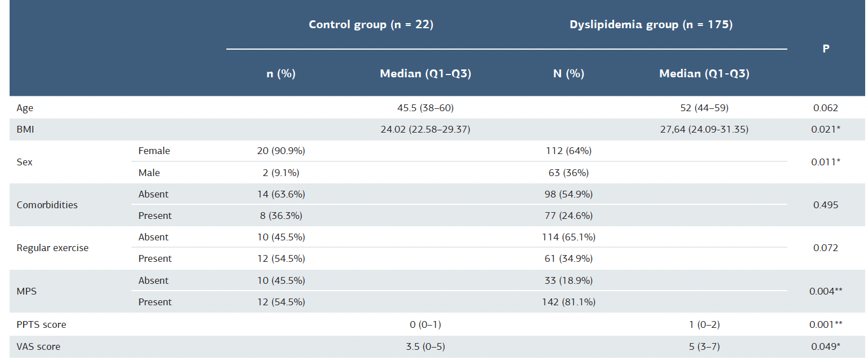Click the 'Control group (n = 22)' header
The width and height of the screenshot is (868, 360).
pos(371,25)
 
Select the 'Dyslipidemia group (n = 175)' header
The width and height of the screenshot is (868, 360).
pos(651,25)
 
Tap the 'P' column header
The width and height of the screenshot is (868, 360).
pos(826,49)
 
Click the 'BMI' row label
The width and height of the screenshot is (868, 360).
pos(25,129)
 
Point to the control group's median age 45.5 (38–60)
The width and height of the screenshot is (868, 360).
pos(426,108)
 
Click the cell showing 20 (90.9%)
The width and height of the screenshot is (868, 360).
pos(281,151)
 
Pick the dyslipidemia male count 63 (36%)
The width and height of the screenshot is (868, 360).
pos(568,173)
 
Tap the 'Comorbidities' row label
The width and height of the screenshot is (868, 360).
pos(47,205)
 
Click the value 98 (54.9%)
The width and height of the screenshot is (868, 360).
pos(568,194)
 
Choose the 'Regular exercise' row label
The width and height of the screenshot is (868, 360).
pos(52,248)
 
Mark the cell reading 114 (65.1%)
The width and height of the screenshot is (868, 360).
pos(568,237)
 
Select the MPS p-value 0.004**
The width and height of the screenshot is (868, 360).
pos(826,291)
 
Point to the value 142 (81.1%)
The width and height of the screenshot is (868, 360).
pos(568,302)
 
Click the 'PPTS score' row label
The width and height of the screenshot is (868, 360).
pos(41,325)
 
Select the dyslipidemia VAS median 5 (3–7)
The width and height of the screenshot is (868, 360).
pos(704,346)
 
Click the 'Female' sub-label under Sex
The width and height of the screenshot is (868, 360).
pos(154,151)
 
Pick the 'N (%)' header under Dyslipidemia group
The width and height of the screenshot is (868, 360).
pos(568,74)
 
